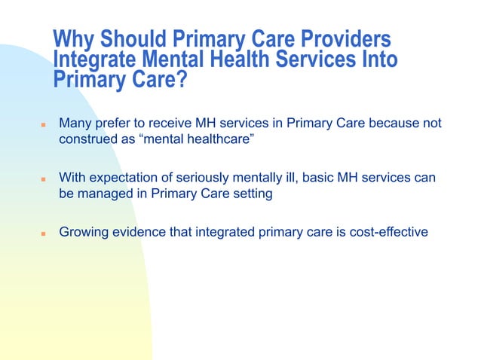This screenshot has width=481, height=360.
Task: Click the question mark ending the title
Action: (x=181, y=79)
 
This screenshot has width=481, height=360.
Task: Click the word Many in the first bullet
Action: (x=76, y=123)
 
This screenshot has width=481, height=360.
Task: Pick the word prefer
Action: (x=115, y=123)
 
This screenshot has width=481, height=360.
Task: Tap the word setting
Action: (x=250, y=194)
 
